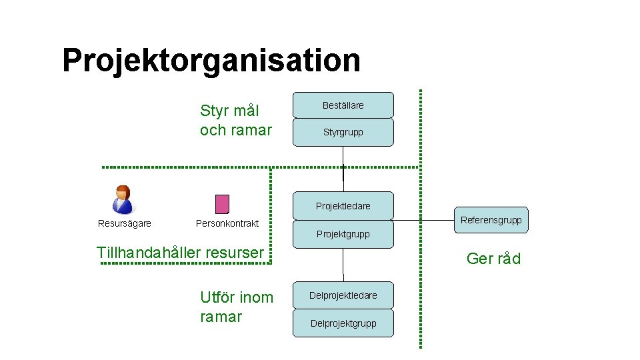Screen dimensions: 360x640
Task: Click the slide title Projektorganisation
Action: click(x=211, y=60)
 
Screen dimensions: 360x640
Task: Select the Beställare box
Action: click(x=343, y=105)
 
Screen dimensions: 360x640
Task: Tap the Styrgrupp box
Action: click(x=343, y=132)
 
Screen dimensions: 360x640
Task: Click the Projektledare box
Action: click(x=343, y=205)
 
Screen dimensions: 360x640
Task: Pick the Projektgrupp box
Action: click(x=343, y=234)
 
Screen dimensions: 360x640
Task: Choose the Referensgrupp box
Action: click(x=491, y=219)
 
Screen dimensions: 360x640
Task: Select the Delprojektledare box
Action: click(x=343, y=295)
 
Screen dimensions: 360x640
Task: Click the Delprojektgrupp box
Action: click(x=343, y=323)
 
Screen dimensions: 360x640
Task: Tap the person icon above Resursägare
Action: click(x=122, y=199)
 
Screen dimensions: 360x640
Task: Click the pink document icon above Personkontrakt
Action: click(x=222, y=203)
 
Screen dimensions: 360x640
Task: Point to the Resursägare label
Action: click(x=125, y=223)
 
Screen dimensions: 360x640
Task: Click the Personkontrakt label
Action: click(x=227, y=223)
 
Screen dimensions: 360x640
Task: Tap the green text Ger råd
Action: click(x=493, y=259)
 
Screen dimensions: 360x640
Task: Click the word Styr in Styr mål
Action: click(x=214, y=110)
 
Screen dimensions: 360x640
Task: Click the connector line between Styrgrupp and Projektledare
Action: click(x=343, y=163)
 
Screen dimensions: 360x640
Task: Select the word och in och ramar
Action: click(x=213, y=130)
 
